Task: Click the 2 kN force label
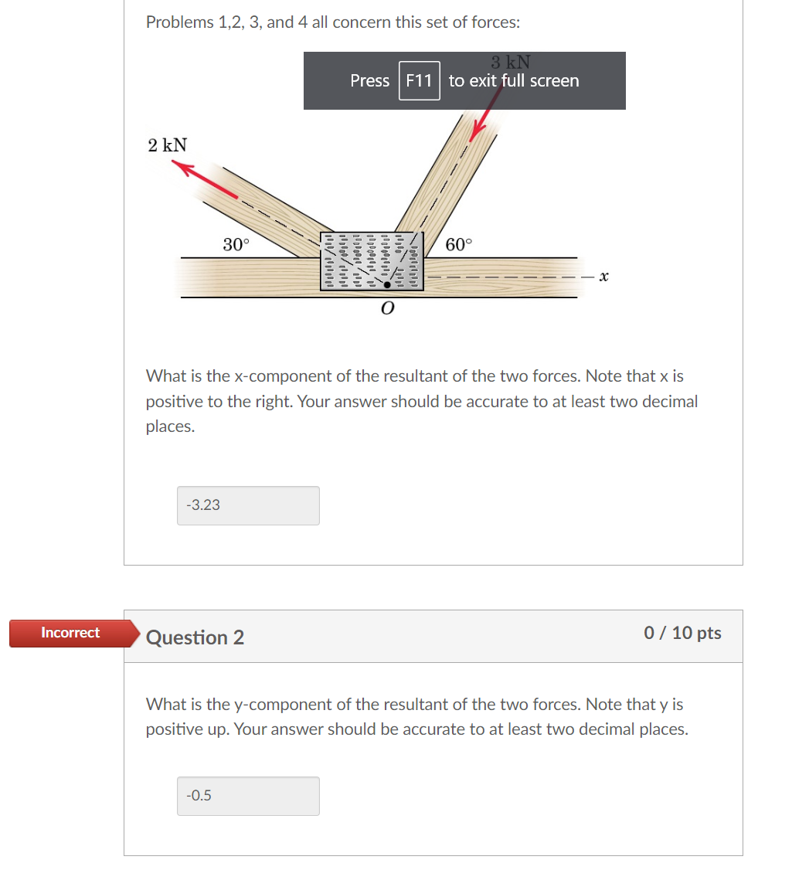tap(168, 144)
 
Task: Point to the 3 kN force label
tap(510, 62)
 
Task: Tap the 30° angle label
tap(236, 245)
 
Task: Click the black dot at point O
tap(387, 285)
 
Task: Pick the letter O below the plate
tap(387, 309)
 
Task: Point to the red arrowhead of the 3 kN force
tap(477, 134)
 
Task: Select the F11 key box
tap(419, 80)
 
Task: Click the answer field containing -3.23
tap(248, 505)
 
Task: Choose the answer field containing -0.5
tap(248, 796)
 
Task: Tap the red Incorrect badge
tap(70, 633)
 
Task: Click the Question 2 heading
tap(195, 637)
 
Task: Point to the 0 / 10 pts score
tap(682, 633)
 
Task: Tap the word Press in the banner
tap(369, 80)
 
